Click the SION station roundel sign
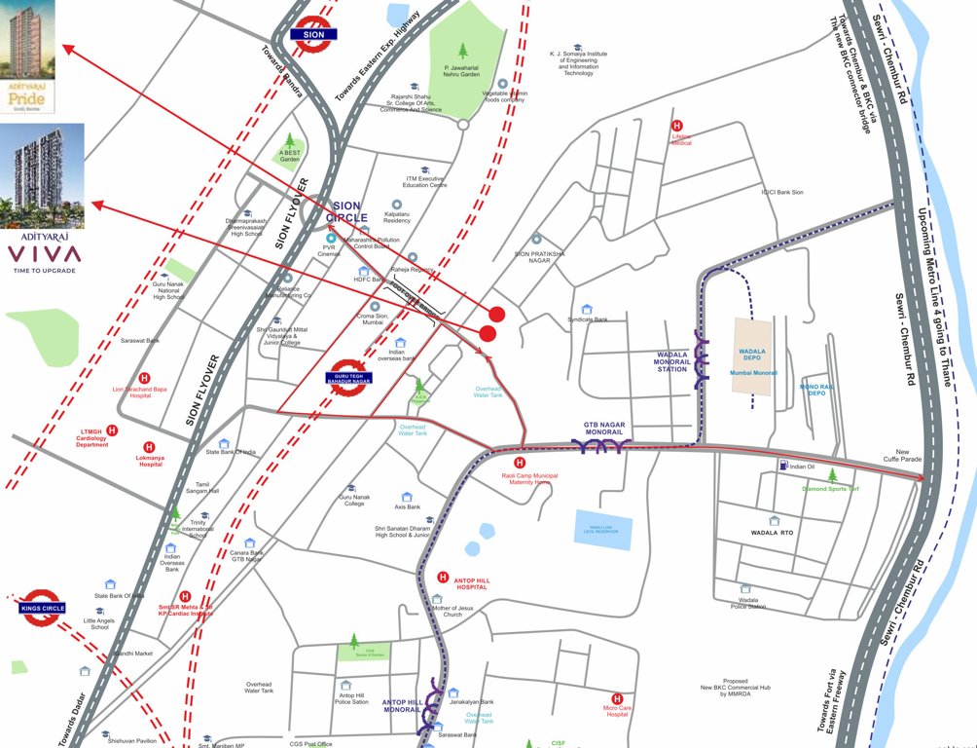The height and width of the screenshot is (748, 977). (x=313, y=32)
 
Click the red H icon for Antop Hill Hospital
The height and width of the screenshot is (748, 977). (x=442, y=577)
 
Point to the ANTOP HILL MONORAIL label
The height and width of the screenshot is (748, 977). (x=403, y=707)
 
